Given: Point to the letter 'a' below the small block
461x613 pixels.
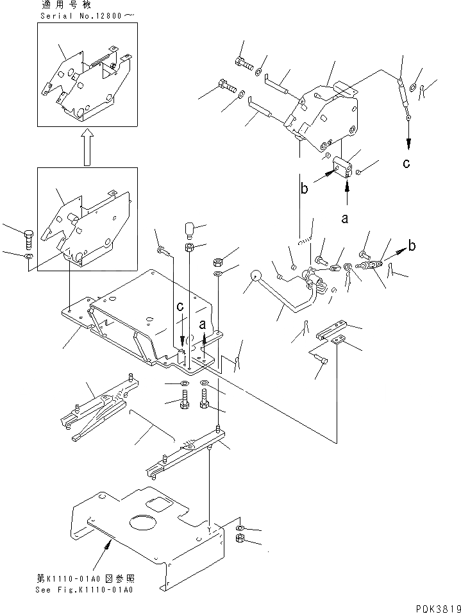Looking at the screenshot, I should [x=345, y=219].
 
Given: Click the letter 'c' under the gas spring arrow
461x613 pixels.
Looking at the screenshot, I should [x=407, y=164].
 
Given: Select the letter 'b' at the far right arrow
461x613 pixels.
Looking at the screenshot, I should [x=412, y=246].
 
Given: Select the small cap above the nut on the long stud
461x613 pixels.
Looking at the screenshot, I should [x=189, y=228].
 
